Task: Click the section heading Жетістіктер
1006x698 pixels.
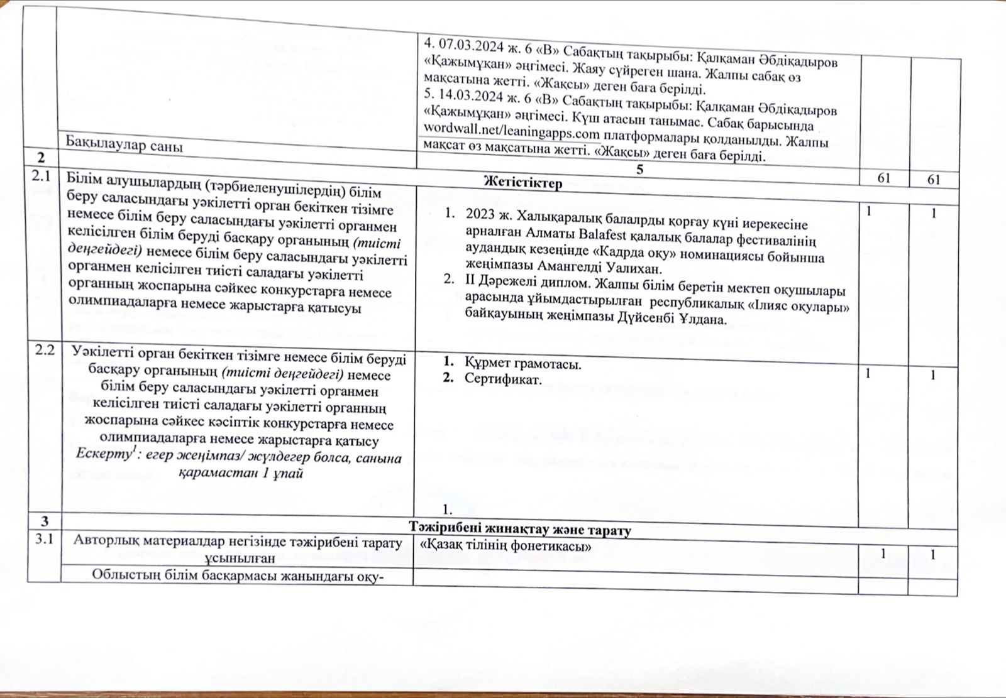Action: tap(522, 183)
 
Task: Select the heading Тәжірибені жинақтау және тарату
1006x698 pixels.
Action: tap(520, 530)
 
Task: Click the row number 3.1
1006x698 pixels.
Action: tap(43, 538)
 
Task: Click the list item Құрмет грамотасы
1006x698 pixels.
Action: tap(522, 364)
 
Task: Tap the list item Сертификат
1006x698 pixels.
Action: tap(502, 379)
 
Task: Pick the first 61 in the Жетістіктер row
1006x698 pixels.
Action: tap(883, 178)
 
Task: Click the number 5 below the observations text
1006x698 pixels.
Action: tap(639, 169)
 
